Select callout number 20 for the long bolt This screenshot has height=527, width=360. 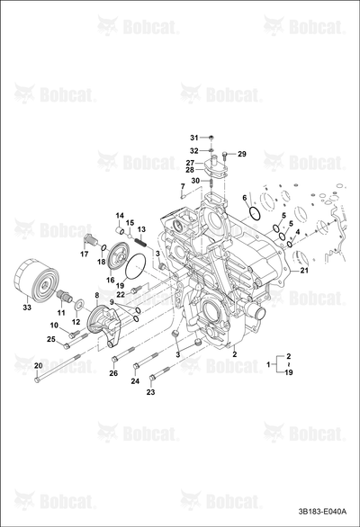coord(39,366)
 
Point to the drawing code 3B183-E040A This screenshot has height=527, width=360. coord(322,512)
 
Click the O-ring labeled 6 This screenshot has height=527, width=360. coord(255,214)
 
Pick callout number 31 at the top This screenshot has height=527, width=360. coord(194,138)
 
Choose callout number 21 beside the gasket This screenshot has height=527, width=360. coord(304,270)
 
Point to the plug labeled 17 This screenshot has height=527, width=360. coord(89,240)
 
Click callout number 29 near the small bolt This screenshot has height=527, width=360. coord(242,155)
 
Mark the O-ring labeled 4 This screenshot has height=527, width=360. coord(289,244)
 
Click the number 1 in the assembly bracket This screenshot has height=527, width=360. coord(268,364)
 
